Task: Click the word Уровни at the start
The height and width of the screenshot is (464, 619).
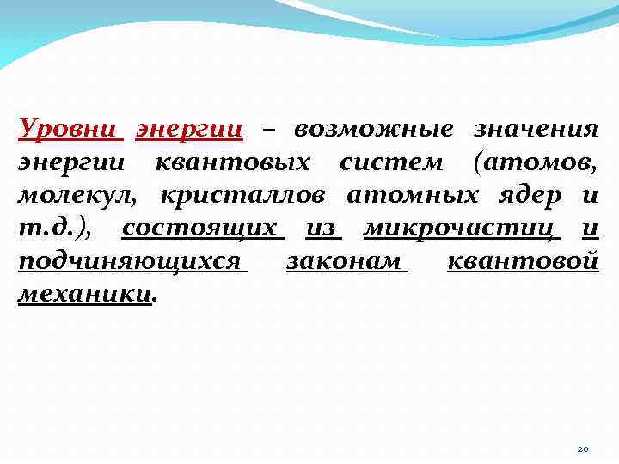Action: (x=67, y=130)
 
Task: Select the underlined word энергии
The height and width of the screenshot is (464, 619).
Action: (x=189, y=130)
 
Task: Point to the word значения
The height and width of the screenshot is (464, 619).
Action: (x=536, y=130)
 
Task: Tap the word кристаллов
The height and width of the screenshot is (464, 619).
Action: (x=242, y=195)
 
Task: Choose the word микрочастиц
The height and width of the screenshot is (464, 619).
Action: (x=460, y=228)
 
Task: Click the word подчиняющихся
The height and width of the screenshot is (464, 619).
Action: (x=129, y=261)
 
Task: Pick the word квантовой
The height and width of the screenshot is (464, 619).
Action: (x=523, y=261)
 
